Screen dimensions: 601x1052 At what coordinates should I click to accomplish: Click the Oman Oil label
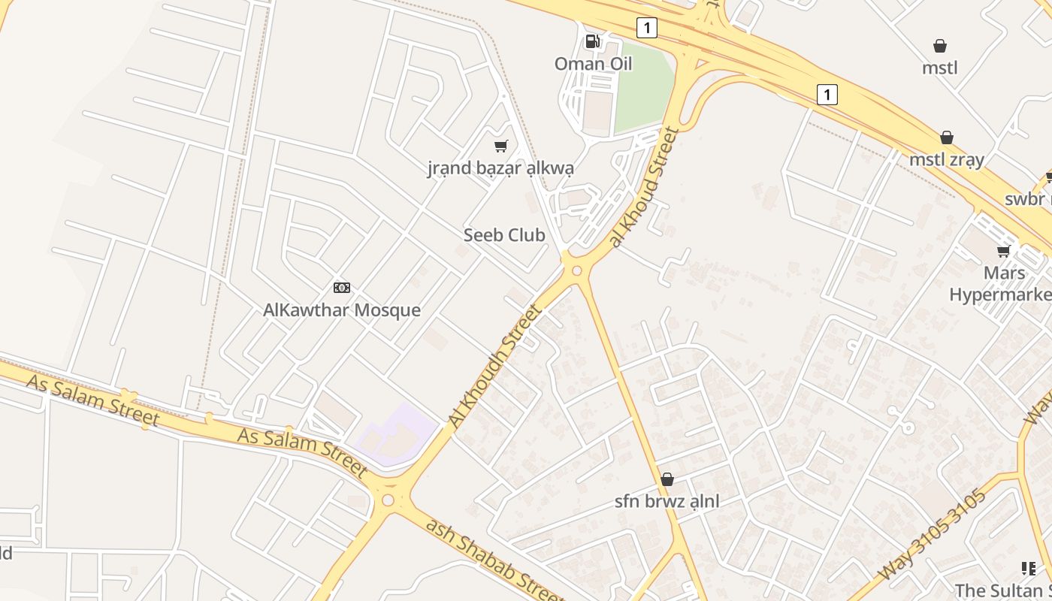pyautogui.click(x=593, y=64)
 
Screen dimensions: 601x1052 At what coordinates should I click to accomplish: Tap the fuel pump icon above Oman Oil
pyautogui.click(x=593, y=41)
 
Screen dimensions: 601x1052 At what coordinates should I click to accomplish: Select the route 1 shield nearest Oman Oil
pyautogui.click(x=646, y=28)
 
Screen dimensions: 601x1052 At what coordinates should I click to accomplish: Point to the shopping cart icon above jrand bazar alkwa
pyautogui.click(x=500, y=146)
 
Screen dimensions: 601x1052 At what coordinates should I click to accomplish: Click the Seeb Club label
pyautogui.click(x=504, y=235)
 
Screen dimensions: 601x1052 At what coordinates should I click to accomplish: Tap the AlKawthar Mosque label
pyautogui.click(x=342, y=310)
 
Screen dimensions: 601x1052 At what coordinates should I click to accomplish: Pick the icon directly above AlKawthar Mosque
pyautogui.click(x=342, y=288)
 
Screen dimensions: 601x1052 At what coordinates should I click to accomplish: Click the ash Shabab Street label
pyautogui.click(x=494, y=558)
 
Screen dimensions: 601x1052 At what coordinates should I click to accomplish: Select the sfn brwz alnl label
pyautogui.click(x=667, y=501)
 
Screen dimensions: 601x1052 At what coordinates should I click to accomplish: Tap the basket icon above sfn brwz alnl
pyautogui.click(x=667, y=479)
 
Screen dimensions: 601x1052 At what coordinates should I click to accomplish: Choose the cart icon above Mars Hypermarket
pyautogui.click(x=1003, y=251)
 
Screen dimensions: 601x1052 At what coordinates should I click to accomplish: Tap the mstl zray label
pyautogui.click(x=947, y=159)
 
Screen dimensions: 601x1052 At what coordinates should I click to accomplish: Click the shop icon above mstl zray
pyautogui.click(x=947, y=137)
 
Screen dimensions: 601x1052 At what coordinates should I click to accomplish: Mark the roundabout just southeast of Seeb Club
pyautogui.click(x=576, y=270)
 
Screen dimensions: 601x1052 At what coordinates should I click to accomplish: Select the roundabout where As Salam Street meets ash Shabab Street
pyautogui.click(x=388, y=500)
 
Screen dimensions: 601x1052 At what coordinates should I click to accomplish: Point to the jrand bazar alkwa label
pyautogui.click(x=500, y=168)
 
